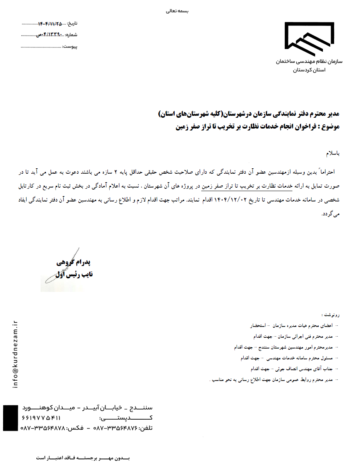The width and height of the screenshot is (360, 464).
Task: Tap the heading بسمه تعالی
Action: point(177,11)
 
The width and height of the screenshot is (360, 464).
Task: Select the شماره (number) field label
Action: point(72,35)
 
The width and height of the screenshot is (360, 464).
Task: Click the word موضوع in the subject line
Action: point(331,126)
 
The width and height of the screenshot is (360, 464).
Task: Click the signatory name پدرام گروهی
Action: point(73,263)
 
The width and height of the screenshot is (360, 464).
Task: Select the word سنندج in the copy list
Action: point(266,347)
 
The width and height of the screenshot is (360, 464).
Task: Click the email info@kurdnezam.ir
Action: point(15,354)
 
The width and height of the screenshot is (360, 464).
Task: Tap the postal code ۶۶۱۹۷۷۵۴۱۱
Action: point(42,418)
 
